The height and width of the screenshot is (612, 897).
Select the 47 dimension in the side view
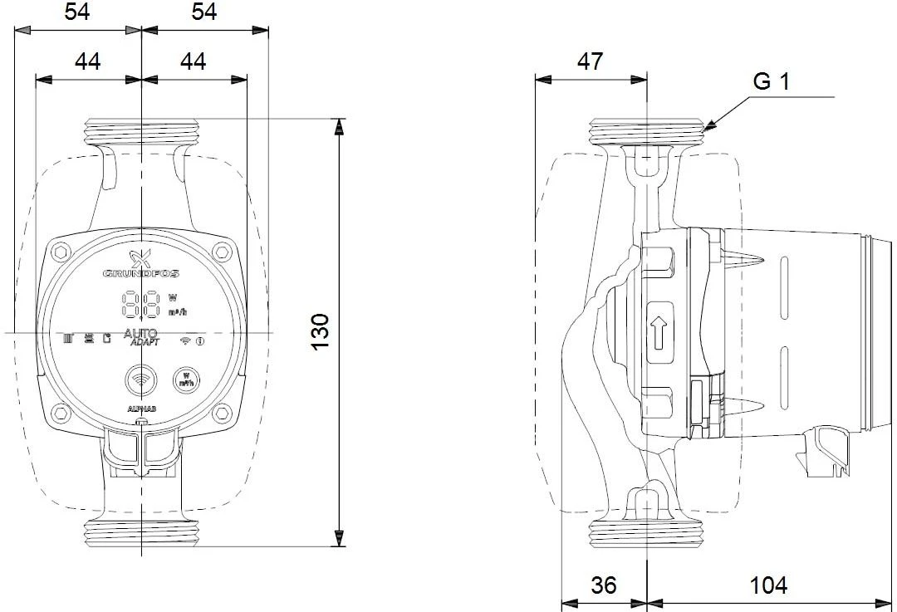tap(591, 61)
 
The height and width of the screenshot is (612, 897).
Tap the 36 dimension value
tap(604, 585)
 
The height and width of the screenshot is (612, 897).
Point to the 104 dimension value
tap(768, 585)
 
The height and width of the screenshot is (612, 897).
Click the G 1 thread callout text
tap(771, 81)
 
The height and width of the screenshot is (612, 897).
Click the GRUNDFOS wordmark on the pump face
tap(141, 273)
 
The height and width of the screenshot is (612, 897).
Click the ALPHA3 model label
tap(141, 409)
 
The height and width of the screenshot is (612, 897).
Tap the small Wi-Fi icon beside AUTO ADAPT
tap(185, 340)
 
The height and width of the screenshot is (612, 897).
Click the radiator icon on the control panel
tap(70, 338)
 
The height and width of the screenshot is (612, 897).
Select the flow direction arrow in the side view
tap(659, 335)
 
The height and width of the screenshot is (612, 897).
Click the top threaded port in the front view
tap(142, 130)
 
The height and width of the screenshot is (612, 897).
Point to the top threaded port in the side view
tap(647, 131)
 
